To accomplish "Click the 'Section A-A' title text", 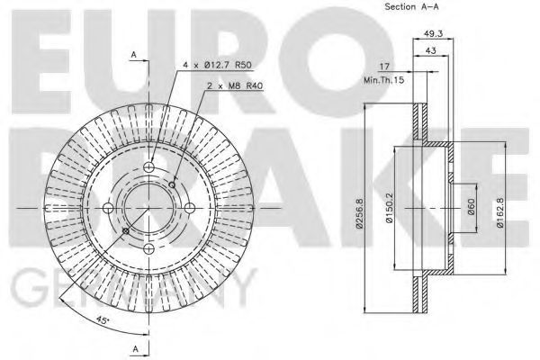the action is click(411, 6).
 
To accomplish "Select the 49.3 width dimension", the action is click(433, 33).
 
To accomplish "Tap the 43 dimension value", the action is click(431, 50).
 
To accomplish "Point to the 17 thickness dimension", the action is click(384, 66).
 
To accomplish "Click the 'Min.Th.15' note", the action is click(383, 81).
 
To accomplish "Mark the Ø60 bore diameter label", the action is click(471, 206).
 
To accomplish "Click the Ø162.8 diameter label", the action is click(500, 212).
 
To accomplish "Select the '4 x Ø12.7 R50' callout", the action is click(218, 65).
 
